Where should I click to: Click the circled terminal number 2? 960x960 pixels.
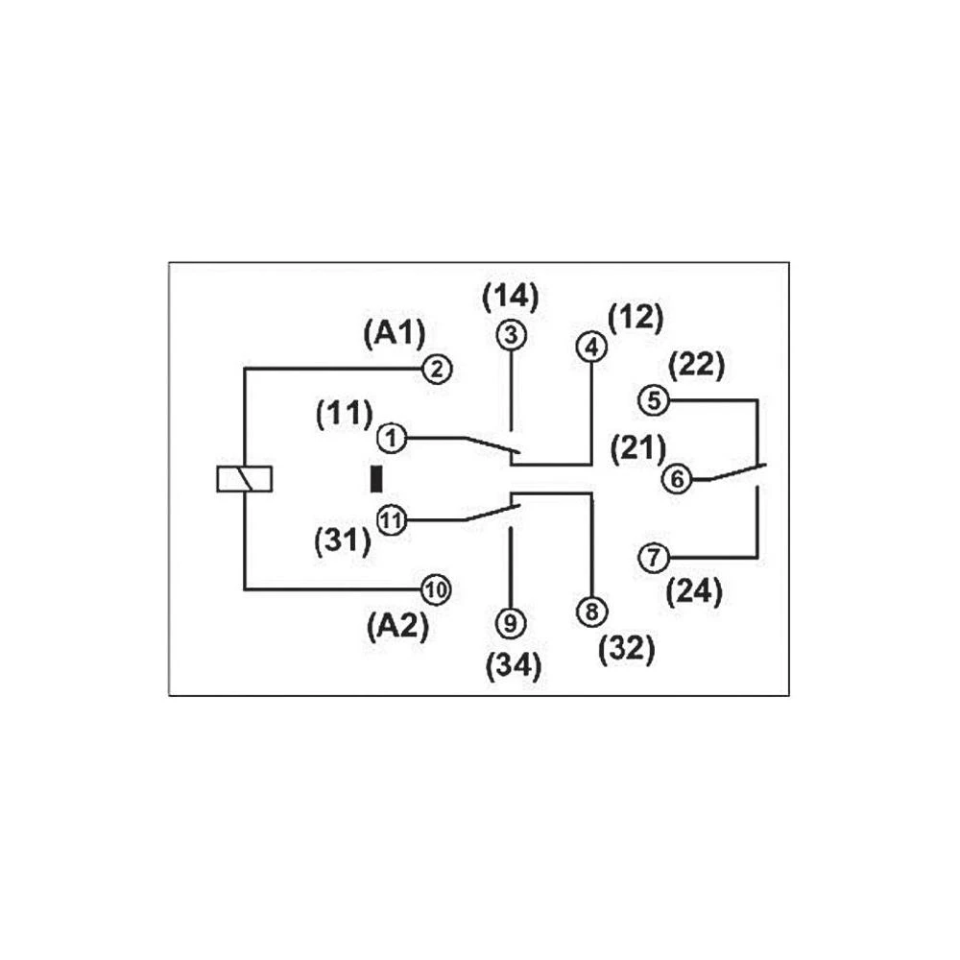point(437,369)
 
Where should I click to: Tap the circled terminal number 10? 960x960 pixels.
point(437,589)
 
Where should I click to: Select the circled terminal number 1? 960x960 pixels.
point(391,438)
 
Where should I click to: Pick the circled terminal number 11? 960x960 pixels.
point(391,520)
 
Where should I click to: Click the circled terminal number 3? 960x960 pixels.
point(511,336)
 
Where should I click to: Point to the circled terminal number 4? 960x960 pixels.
point(591,348)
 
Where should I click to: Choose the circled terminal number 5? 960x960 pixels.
point(655,399)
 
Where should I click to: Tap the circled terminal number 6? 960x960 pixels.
point(678,478)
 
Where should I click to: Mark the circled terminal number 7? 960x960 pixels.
point(655,557)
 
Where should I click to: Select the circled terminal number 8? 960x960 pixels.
point(591,611)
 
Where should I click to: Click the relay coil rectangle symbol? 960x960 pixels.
point(246,478)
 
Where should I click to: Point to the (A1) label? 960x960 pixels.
point(394,333)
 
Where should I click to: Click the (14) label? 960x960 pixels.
point(510,296)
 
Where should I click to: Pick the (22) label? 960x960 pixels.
point(696,366)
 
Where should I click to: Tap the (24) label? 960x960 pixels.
point(694,592)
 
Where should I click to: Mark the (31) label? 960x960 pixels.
point(343,540)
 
